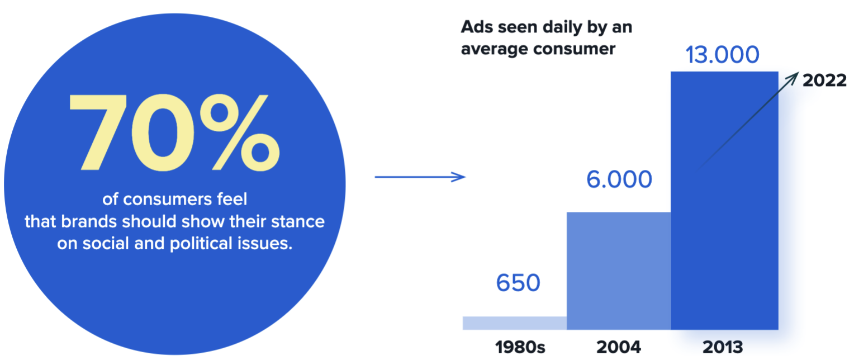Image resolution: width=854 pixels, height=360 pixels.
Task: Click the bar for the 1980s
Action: point(515,323)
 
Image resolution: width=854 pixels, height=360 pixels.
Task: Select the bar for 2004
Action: point(619,271)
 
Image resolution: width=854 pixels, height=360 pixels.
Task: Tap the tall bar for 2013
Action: point(724,201)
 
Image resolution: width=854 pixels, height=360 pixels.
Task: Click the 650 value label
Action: point(518,283)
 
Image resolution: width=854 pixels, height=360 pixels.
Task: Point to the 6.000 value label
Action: point(619,179)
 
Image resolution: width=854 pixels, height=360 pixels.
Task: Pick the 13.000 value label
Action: point(723,55)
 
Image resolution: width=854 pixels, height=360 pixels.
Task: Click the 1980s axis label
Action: point(520,347)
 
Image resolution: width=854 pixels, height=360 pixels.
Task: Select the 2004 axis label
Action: point(619,347)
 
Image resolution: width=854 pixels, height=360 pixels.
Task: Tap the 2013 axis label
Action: point(723,347)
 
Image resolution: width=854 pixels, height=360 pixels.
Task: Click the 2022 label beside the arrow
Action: point(824,80)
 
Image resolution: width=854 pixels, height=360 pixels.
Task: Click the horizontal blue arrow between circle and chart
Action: point(420,177)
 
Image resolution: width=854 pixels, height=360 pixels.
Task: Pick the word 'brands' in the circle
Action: point(89,221)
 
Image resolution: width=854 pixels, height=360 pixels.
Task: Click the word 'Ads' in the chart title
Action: point(477,27)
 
